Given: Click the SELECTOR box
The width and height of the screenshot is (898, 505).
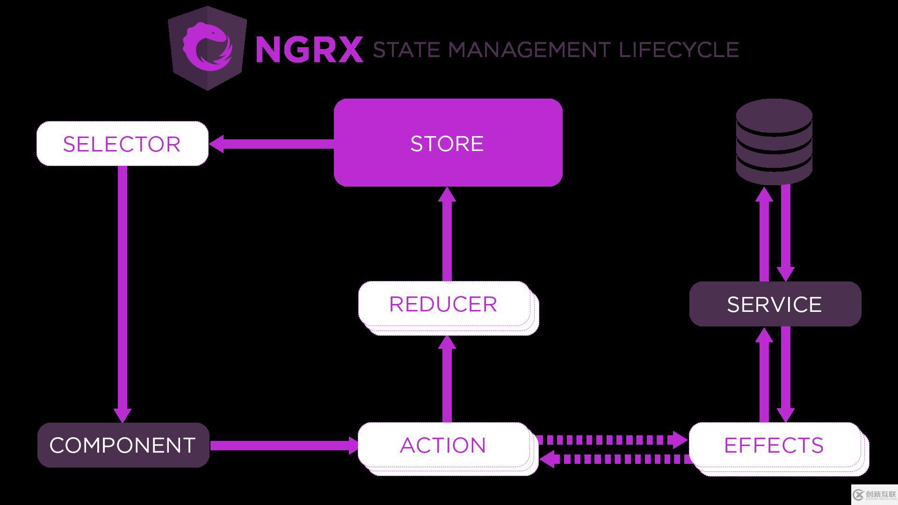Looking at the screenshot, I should (122, 144).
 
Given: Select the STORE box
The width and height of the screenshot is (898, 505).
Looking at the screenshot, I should (448, 143).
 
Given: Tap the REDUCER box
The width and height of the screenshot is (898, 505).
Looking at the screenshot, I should (443, 304).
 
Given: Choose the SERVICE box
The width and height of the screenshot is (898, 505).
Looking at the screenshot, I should (775, 304).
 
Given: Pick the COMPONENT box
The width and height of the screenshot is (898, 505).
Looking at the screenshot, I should (123, 445).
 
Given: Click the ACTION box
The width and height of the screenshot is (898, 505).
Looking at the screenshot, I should (443, 445).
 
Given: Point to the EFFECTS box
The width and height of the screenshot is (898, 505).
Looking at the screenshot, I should (774, 445).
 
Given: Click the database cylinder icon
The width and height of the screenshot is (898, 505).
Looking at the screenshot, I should (774, 141).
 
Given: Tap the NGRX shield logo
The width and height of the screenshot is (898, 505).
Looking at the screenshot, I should (207, 48).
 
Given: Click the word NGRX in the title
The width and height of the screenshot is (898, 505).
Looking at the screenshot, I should (309, 49).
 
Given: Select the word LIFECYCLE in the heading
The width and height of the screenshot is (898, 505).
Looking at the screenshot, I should (679, 50).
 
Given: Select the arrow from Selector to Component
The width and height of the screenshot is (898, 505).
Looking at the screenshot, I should (123, 290).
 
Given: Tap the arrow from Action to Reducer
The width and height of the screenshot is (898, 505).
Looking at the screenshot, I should (447, 379).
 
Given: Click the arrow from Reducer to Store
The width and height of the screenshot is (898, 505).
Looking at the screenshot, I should (447, 234).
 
